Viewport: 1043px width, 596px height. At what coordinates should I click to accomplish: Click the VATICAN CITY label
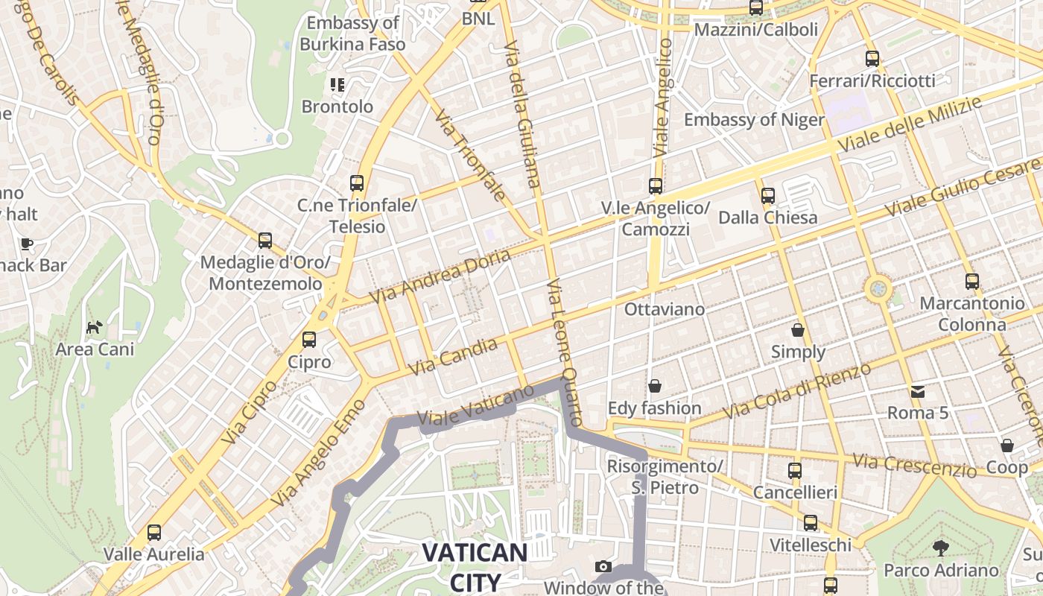[475, 565]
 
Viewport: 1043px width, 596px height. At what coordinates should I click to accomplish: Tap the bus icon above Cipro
[309, 340]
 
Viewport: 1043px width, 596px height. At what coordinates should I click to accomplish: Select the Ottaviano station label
[665, 308]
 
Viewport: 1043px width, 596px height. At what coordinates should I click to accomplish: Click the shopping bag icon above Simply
[798, 329]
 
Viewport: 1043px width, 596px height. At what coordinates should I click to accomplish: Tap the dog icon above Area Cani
[95, 327]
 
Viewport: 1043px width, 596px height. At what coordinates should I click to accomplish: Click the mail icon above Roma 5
[917, 391]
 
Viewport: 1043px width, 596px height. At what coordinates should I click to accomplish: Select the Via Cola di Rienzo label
[796, 391]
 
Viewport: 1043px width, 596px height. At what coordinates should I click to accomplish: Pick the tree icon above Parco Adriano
[941, 548]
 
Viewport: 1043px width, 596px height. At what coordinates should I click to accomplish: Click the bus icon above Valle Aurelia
[154, 533]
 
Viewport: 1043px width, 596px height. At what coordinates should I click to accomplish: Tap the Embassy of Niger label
[754, 120]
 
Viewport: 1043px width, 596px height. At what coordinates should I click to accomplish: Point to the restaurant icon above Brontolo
[337, 85]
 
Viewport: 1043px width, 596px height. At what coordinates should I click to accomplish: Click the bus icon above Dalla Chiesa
[768, 196]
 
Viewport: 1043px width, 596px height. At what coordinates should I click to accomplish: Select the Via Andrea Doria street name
[441, 276]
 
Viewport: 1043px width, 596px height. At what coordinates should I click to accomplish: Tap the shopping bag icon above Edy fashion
[655, 386]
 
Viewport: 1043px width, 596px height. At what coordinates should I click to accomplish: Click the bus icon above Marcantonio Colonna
[972, 282]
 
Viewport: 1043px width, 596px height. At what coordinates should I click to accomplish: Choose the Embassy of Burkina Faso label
[353, 34]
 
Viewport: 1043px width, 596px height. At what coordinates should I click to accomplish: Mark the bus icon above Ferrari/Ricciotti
[872, 59]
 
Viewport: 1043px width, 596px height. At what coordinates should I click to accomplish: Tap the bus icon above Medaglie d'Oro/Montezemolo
[265, 241]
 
